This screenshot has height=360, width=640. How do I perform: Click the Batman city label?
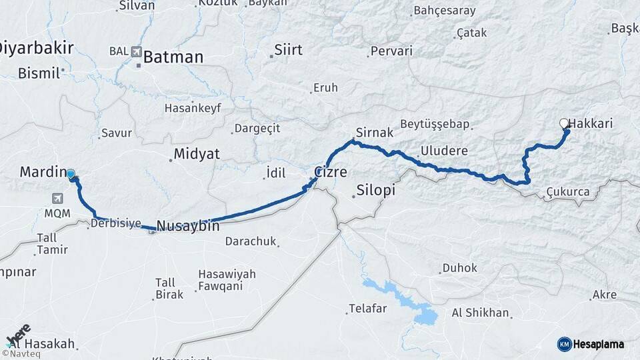pos(173,57)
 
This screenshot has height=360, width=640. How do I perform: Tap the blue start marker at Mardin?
pos(71,174)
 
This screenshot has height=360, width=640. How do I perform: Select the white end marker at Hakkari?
pos(564,123)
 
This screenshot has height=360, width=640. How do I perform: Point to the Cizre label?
pos(331,172)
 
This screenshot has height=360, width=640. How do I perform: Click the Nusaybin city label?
pos(188,226)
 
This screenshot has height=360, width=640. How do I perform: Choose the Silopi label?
pos(376,190)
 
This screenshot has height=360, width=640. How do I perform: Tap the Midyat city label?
pos(196,154)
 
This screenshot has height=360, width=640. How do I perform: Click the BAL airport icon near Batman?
pos(137,51)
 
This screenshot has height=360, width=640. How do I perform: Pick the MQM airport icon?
pos(57,199)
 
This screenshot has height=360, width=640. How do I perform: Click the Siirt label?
pos(288,50)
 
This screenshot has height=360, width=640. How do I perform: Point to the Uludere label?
pos(444,151)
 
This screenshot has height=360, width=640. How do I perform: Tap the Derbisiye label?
pos(116,224)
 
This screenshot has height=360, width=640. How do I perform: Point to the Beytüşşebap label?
pos(435,125)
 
